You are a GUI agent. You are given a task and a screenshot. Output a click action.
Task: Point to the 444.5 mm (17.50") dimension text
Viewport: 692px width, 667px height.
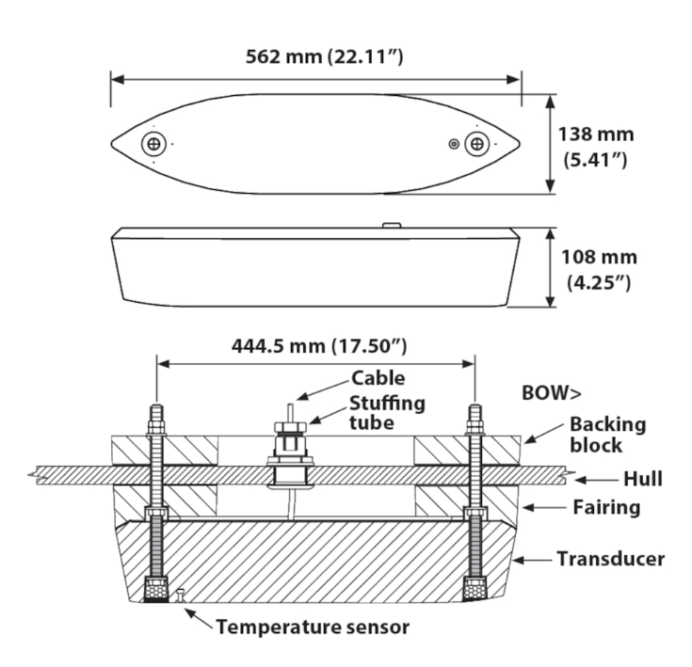(x=318, y=345)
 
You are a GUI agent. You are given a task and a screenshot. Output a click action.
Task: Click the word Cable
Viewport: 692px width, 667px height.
(x=378, y=379)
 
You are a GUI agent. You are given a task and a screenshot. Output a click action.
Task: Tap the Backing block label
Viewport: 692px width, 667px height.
(x=608, y=434)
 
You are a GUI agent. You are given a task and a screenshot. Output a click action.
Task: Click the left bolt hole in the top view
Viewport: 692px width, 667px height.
(x=153, y=144)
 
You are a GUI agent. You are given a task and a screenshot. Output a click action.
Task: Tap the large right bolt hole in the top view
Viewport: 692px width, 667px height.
(x=478, y=144)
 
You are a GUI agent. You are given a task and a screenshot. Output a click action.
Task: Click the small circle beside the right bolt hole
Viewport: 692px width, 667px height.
(x=455, y=144)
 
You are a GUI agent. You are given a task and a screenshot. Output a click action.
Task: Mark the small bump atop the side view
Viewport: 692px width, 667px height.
(x=393, y=226)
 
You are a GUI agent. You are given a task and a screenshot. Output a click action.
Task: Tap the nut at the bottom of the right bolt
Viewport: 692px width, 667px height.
(x=475, y=590)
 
